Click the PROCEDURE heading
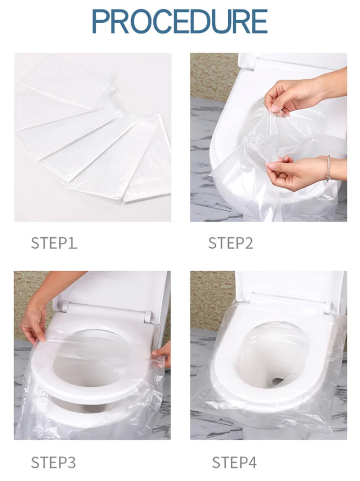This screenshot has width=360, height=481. coord(180,22)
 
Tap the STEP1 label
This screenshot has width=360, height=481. coord(54,243)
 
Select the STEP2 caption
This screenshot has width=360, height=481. coord(230,243)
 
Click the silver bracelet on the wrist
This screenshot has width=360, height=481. coord(328,168)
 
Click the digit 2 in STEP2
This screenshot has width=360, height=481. coord(248,243)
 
